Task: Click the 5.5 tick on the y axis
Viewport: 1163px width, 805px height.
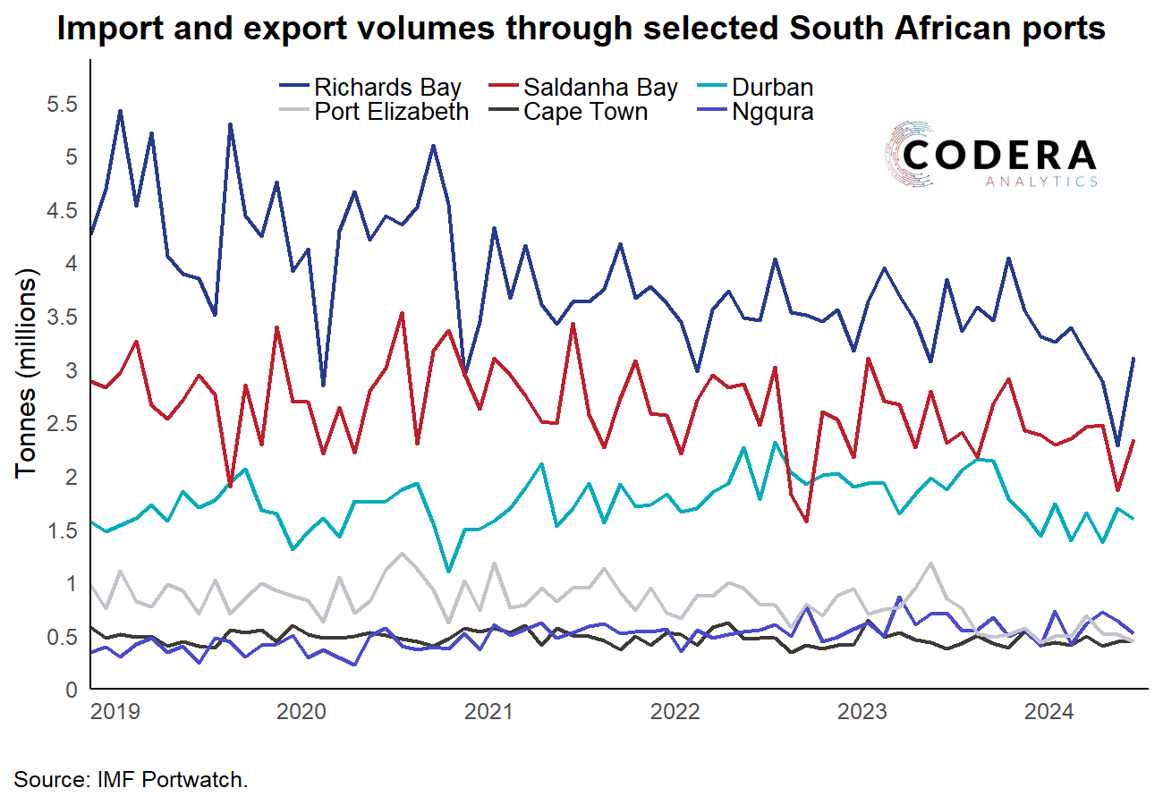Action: coord(61,105)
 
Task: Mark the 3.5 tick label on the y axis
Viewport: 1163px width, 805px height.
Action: coord(61,318)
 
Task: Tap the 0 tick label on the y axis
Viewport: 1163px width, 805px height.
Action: coord(72,691)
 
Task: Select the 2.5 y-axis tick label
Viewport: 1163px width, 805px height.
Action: coord(61,424)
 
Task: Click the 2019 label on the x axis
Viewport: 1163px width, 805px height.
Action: coord(115,713)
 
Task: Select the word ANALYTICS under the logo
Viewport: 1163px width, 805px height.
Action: coord(1041,182)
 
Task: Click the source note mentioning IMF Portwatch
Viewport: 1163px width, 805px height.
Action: coord(131,779)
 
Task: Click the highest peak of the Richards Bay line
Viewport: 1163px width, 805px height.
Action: coord(120,112)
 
